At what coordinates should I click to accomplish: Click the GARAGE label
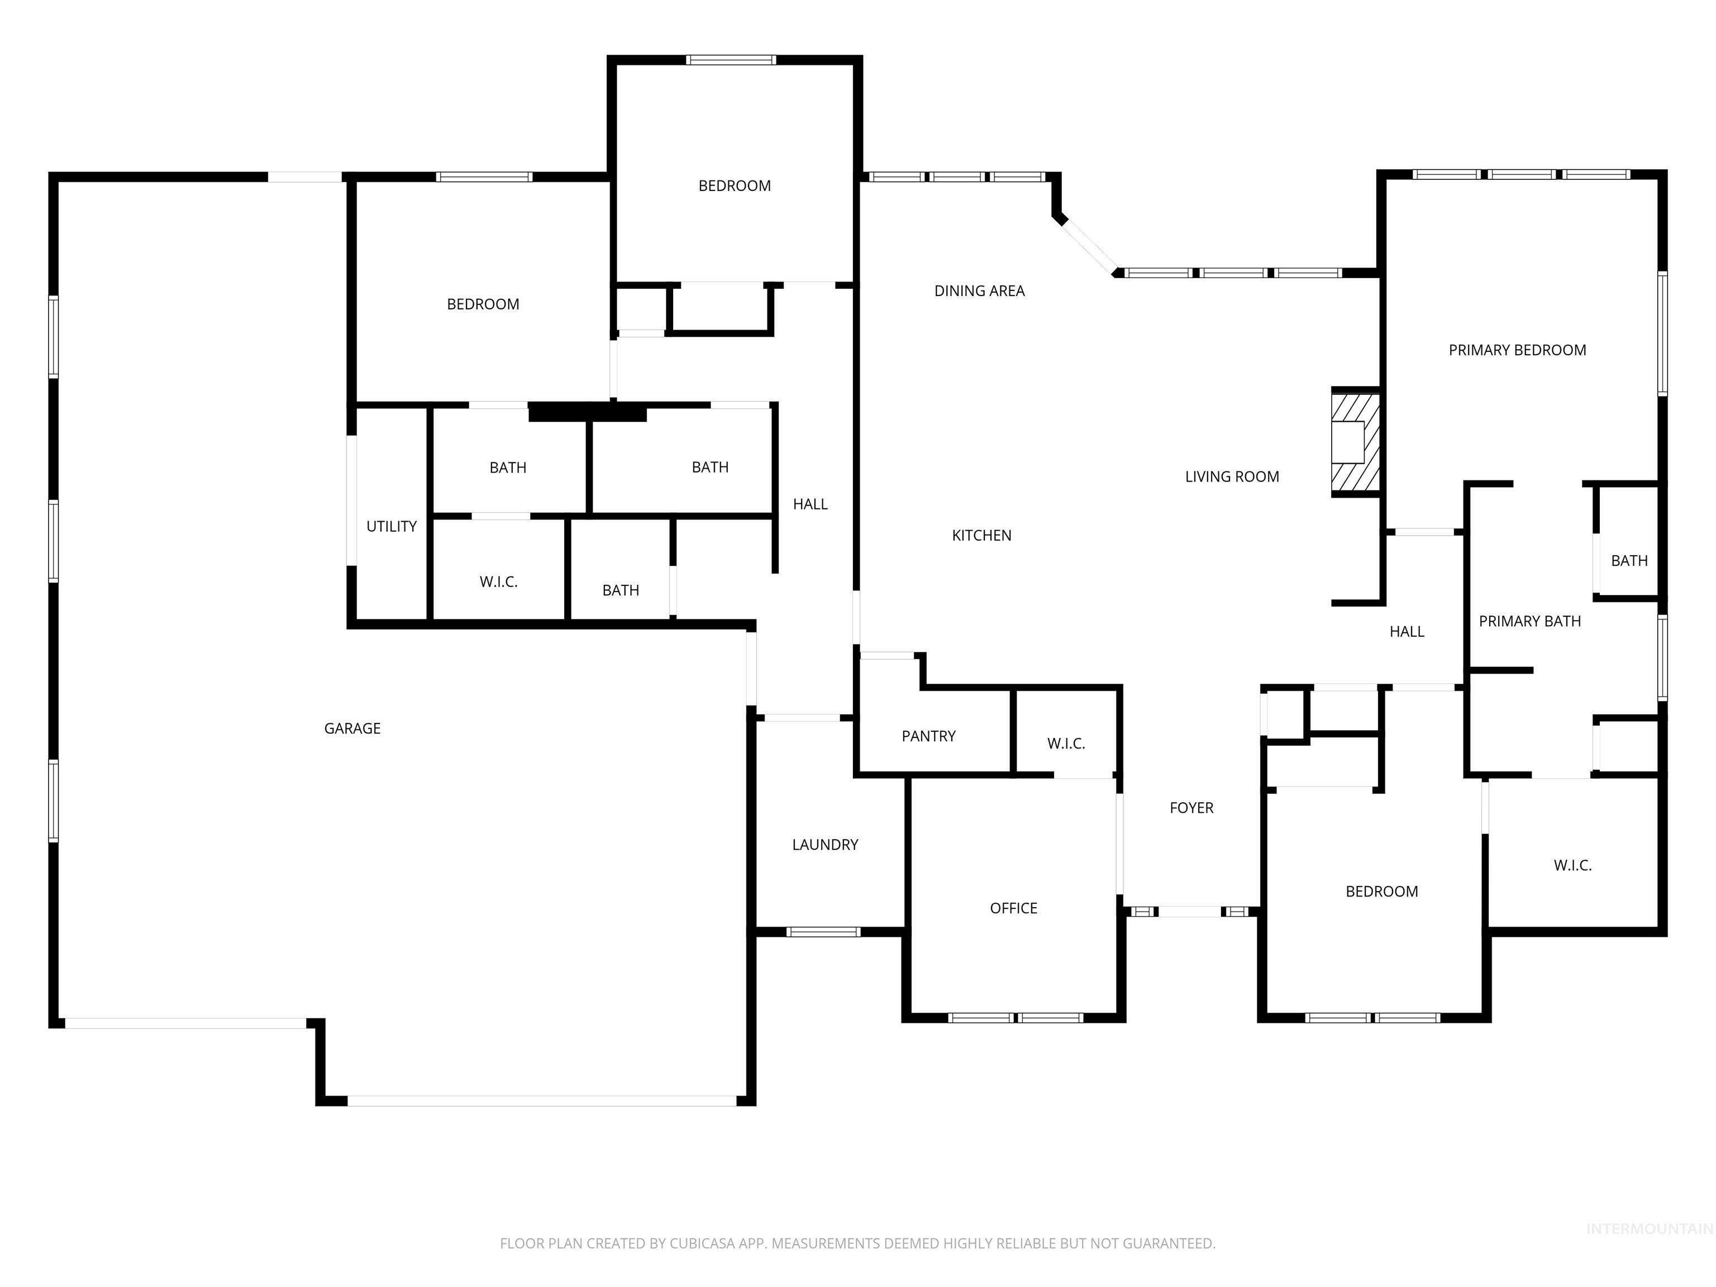pyautogui.click(x=352, y=728)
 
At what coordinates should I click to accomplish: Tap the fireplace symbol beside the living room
pyautogui.click(x=1355, y=442)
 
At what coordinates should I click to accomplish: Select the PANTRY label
pyautogui.click(x=928, y=736)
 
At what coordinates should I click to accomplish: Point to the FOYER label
pyautogui.click(x=1191, y=808)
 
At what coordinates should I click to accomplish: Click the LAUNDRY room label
pyautogui.click(x=824, y=845)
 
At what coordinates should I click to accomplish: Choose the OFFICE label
pyautogui.click(x=1013, y=908)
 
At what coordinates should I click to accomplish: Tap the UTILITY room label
pyautogui.click(x=391, y=527)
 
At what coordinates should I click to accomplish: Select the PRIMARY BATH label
pyautogui.click(x=1529, y=621)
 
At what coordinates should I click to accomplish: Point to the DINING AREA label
pyautogui.click(x=979, y=291)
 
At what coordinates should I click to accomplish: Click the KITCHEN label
pyautogui.click(x=981, y=535)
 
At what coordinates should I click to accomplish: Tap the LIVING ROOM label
pyautogui.click(x=1231, y=477)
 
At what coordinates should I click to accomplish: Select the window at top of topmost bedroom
pyautogui.click(x=730, y=60)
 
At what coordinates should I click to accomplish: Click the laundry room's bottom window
pyautogui.click(x=823, y=932)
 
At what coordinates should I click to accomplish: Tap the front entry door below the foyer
pyautogui.click(x=1190, y=912)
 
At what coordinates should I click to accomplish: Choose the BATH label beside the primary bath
pyautogui.click(x=1628, y=561)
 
